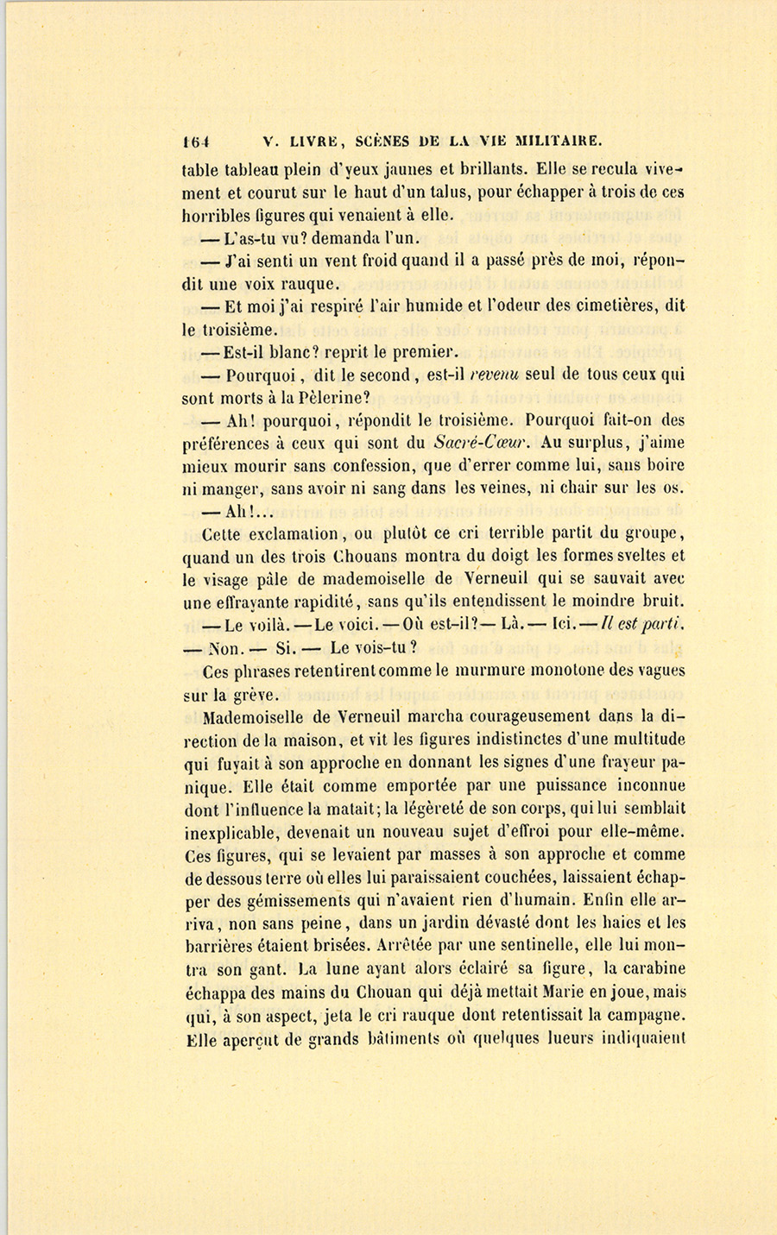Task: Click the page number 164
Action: pos(197,142)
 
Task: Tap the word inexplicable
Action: pos(235,833)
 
